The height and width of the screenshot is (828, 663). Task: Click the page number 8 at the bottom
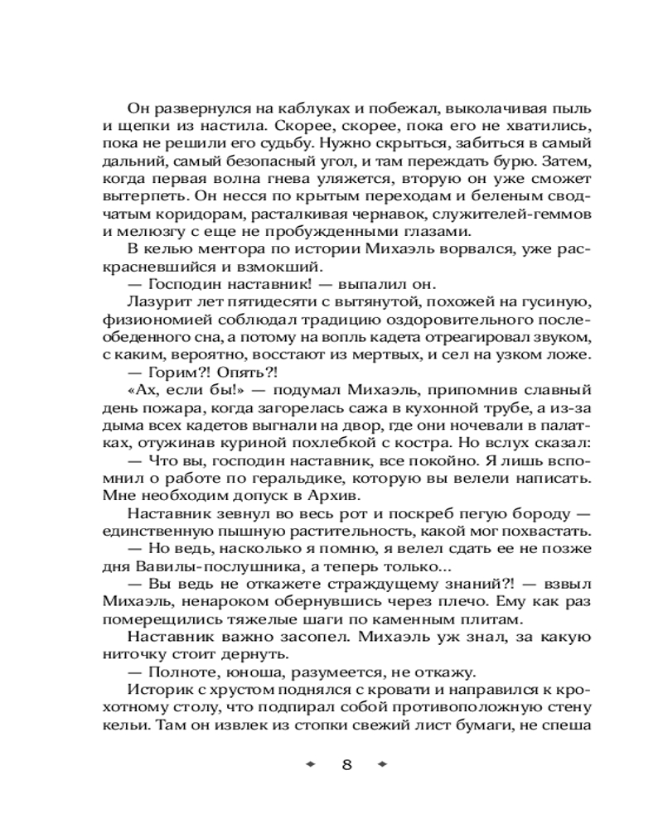click(347, 764)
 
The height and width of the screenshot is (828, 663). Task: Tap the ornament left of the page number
click(312, 764)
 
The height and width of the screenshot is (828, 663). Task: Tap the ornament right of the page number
click(382, 764)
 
